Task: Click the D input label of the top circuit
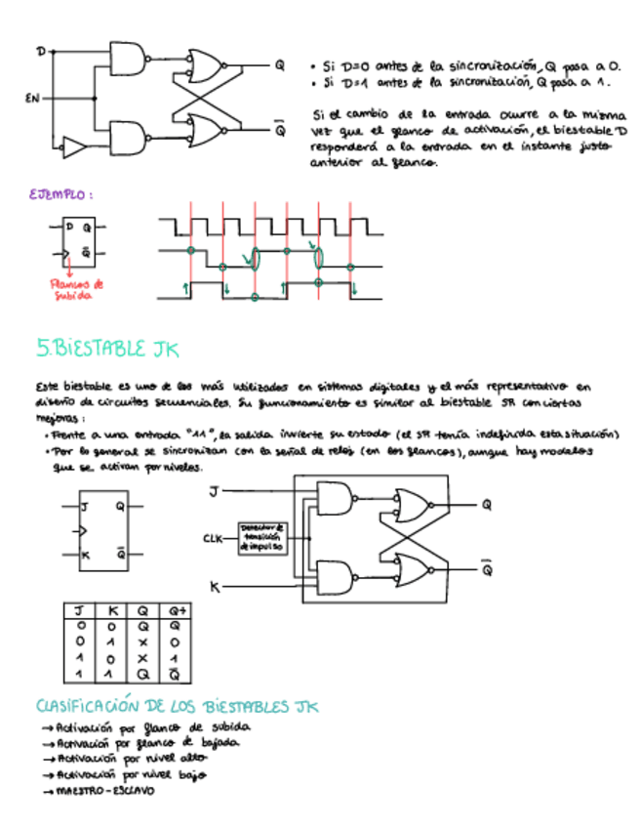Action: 41,51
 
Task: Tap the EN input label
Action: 31,98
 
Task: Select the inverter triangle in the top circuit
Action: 73,148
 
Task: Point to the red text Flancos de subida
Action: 70,289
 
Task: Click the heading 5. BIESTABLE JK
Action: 107,349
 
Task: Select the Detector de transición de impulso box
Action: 260,538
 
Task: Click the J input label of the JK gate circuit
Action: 213,493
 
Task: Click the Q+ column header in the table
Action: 176,611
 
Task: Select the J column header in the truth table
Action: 80,611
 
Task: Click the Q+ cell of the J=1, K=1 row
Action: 176,675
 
